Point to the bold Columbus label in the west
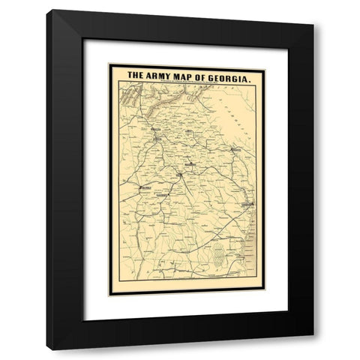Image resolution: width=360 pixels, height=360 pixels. tap(147, 184)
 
